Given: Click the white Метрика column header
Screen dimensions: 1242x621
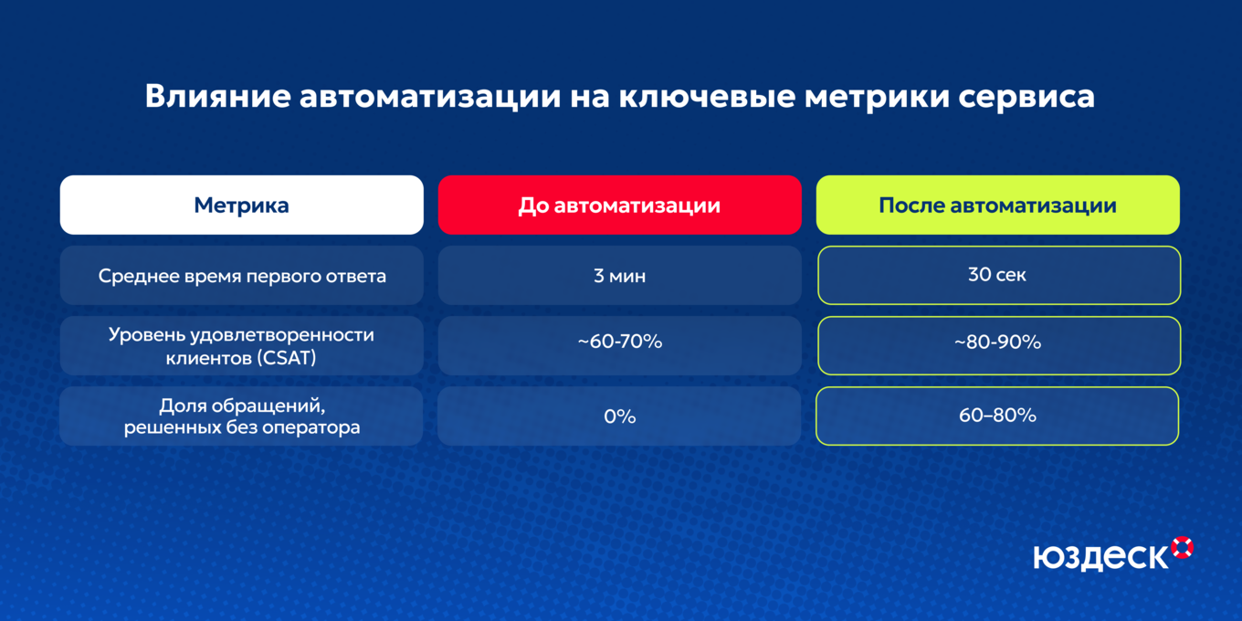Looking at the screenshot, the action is [242, 205].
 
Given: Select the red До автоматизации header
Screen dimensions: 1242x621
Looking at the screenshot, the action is [620, 205].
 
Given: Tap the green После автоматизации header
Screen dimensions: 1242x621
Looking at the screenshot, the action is [998, 205].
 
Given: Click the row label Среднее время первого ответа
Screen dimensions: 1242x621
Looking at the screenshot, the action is [242, 276].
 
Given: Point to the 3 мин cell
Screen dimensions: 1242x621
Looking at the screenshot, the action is [620, 276].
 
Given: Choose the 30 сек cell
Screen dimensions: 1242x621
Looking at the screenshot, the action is [999, 276].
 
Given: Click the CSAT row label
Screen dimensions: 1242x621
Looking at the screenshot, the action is [242, 346].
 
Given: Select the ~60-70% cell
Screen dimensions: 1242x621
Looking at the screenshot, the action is [620, 346].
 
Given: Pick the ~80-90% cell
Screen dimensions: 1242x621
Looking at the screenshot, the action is [999, 346].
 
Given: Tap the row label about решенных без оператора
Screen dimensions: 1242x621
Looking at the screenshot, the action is [242, 416].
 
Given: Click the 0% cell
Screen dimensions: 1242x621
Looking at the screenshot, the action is [619, 416].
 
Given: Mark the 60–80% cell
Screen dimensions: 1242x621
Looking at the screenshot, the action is [997, 416].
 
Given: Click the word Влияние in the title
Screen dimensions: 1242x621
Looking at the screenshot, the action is [218, 96].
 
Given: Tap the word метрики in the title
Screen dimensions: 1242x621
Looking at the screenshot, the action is [877, 98].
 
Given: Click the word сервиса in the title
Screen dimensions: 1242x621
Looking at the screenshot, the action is [1026, 97].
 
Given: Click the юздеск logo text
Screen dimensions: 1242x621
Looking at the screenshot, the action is [1100, 557].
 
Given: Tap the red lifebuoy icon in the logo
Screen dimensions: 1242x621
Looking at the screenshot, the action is [1182, 548].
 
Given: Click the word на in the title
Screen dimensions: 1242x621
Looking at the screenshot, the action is [590, 97].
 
